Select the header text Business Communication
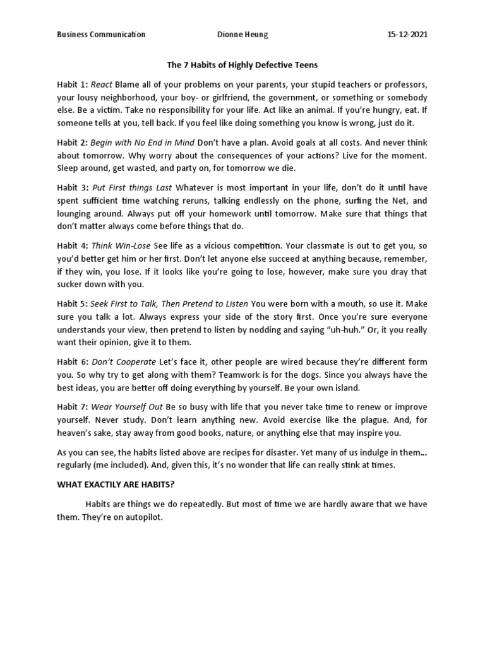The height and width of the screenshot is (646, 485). click(100, 35)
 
